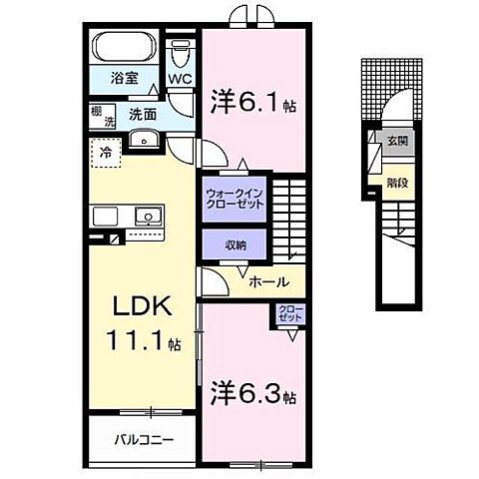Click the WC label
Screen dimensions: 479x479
point(180,77)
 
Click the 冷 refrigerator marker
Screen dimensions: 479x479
point(105,153)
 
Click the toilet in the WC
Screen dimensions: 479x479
point(180,50)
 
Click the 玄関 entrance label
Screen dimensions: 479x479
point(396,141)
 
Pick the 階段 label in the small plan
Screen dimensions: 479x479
point(396,183)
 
